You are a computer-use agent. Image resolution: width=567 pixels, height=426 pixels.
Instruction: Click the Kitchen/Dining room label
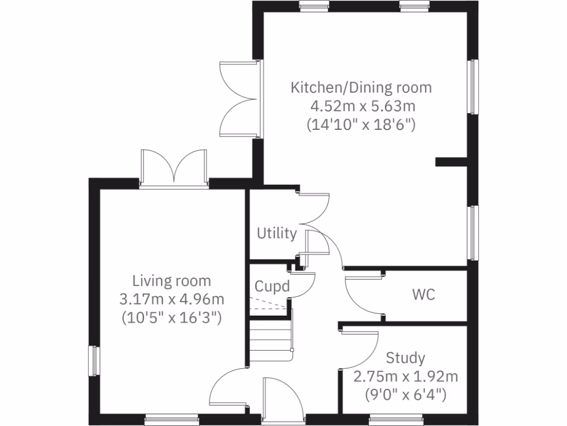pyautogui.click(x=361, y=88)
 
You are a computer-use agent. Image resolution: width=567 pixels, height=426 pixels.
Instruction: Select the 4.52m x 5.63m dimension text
pyautogui.click(x=361, y=106)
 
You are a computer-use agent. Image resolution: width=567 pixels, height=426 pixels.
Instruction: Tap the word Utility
pyautogui.click(x=276, y=234)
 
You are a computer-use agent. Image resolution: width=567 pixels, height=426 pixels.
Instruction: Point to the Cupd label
pyautogui.click(x=272, y=287)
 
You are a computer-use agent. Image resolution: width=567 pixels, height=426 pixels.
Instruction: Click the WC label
pyautogui.click(x=423, y=295)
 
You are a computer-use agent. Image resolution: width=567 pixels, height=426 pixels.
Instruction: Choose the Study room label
pyautogui.click(x=405, y=357)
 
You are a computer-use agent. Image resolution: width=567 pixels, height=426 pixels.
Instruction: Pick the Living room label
pyautogui.click(x=172, y=281)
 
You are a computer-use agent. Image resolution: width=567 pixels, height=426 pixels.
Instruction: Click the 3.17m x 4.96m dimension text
pyautogui.click(x=172, y=300)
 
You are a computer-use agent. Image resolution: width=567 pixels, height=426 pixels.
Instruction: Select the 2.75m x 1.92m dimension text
pyautogui.click(x=405, y=377)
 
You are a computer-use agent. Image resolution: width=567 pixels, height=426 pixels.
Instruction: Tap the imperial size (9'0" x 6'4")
pyautogui.click(x=405, y=395)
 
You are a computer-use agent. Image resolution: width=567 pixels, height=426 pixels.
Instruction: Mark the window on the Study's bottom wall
pyautogui.click(x=395, y=419)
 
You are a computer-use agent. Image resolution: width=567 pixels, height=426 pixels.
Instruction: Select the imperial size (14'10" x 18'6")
pyautogui.click(x=361, y=125)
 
